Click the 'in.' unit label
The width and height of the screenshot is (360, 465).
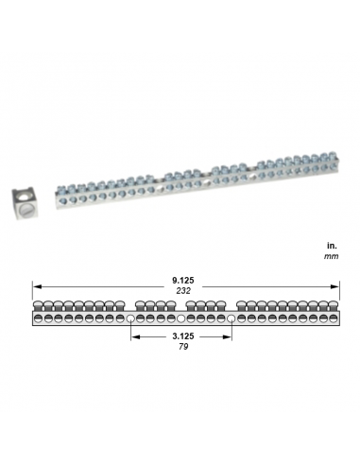click(x=331, y=244)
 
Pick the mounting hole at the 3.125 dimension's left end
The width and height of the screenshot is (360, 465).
click(x=130, y=319)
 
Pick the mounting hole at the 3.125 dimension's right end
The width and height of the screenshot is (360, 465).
click(x=231, y=319)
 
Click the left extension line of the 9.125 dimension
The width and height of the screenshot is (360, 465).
click(x=33, y=293)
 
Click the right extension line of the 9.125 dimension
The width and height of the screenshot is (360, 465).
click(x=335, y=293)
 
